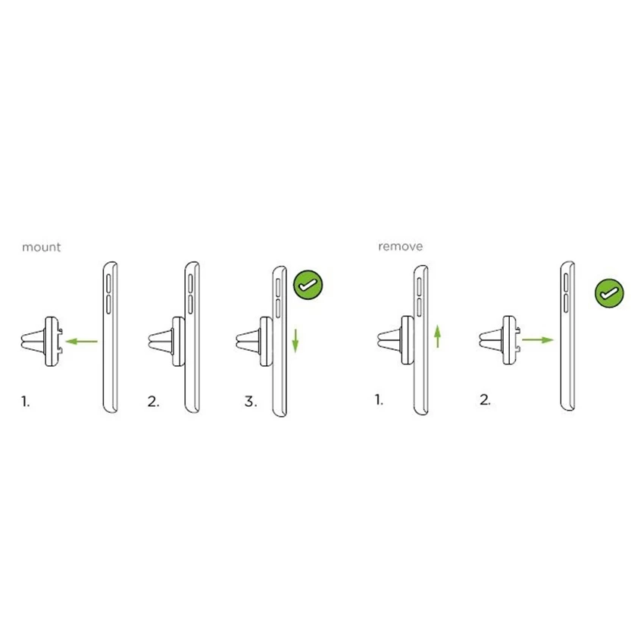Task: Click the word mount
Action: [x=41, y=247]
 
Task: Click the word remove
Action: [x=400, y=246]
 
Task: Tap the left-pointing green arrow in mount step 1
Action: [x=82, y=341]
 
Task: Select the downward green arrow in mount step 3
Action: [x=295, y=340]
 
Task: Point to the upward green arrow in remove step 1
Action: [x=438, y=336]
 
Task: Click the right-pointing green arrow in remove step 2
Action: [x=538, y=339]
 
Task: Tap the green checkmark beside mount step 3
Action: [x=308, y=285]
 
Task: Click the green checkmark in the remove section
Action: [x=609, y=293]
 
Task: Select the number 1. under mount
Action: [x=26, y=402]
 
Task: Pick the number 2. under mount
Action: [x=153, y=402]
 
